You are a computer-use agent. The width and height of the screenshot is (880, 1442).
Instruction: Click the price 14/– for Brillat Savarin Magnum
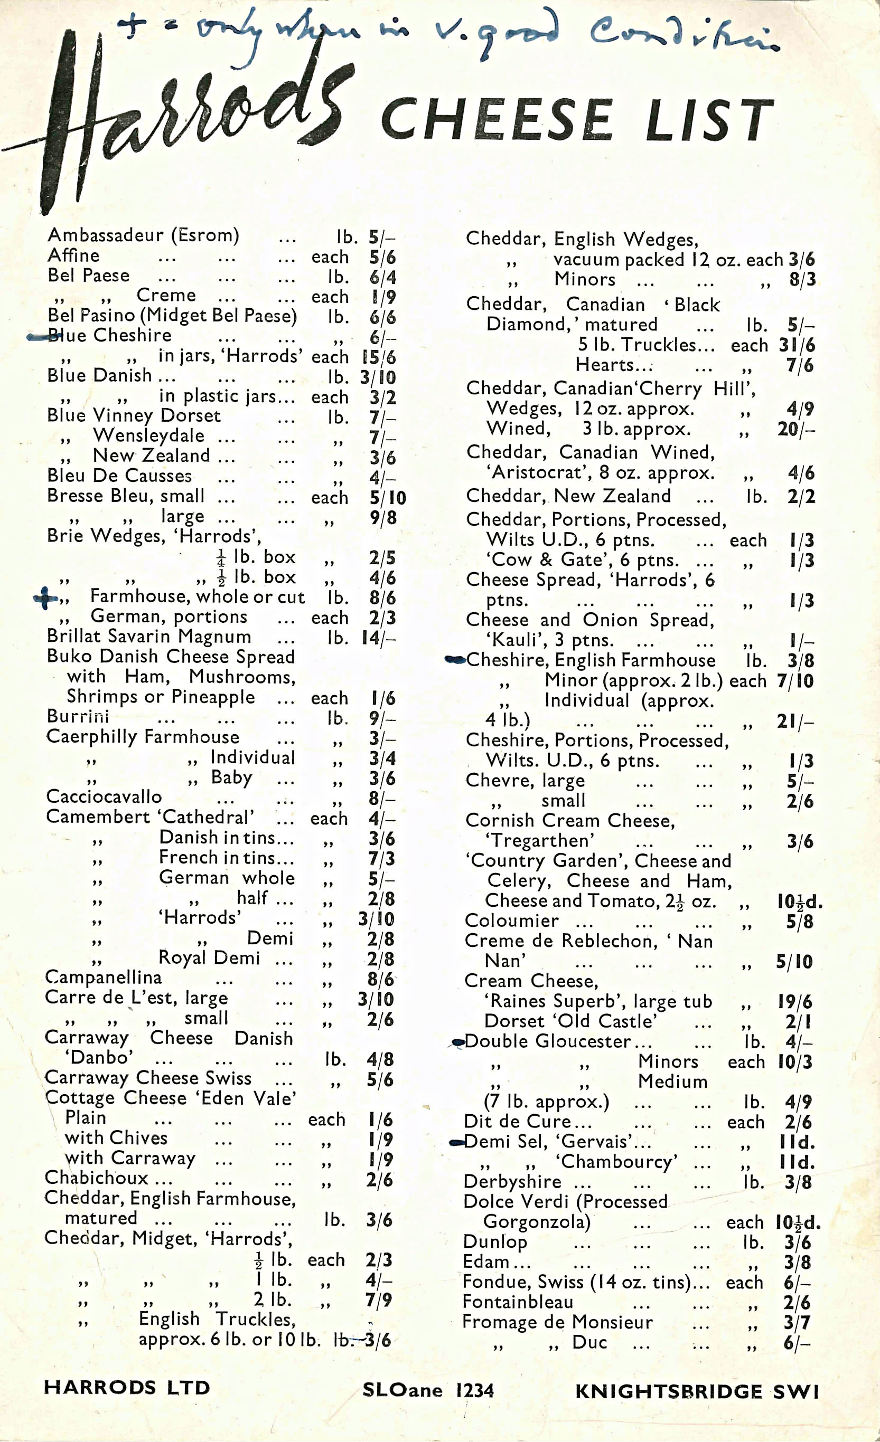[x=379, y=637]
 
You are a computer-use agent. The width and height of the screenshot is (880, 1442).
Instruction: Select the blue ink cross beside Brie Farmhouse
[x=45, y=598]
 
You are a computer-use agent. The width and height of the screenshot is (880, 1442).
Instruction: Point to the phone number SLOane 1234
[x=428, y=1390]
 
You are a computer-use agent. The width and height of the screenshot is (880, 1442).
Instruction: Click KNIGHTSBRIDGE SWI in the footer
[x=697, y=1391]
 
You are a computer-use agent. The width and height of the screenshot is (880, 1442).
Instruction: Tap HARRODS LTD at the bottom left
[x=126, y=1388]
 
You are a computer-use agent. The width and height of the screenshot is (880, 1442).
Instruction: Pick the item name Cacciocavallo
[x=104, y=796]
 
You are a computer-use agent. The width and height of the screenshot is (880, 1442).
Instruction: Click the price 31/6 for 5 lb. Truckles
[x=796, y=345]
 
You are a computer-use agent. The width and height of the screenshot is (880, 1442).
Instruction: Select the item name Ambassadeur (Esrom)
[x=144, y=235]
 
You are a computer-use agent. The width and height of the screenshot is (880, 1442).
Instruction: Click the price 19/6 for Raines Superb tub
[x=795, y=1002]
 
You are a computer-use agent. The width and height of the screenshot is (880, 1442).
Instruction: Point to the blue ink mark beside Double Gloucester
[x=458, y=1042]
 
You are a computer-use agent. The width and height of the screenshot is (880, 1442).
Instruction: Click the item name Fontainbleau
[x=518, y=1302]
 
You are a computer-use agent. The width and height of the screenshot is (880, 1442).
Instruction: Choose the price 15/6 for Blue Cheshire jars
[x=379, y=357]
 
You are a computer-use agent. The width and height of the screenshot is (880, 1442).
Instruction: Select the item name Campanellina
[x=104, y=978]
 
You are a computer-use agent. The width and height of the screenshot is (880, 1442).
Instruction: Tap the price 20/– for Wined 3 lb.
[x=795, y=429]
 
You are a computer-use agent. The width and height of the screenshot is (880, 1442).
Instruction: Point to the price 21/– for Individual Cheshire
[x=795, y=722]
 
